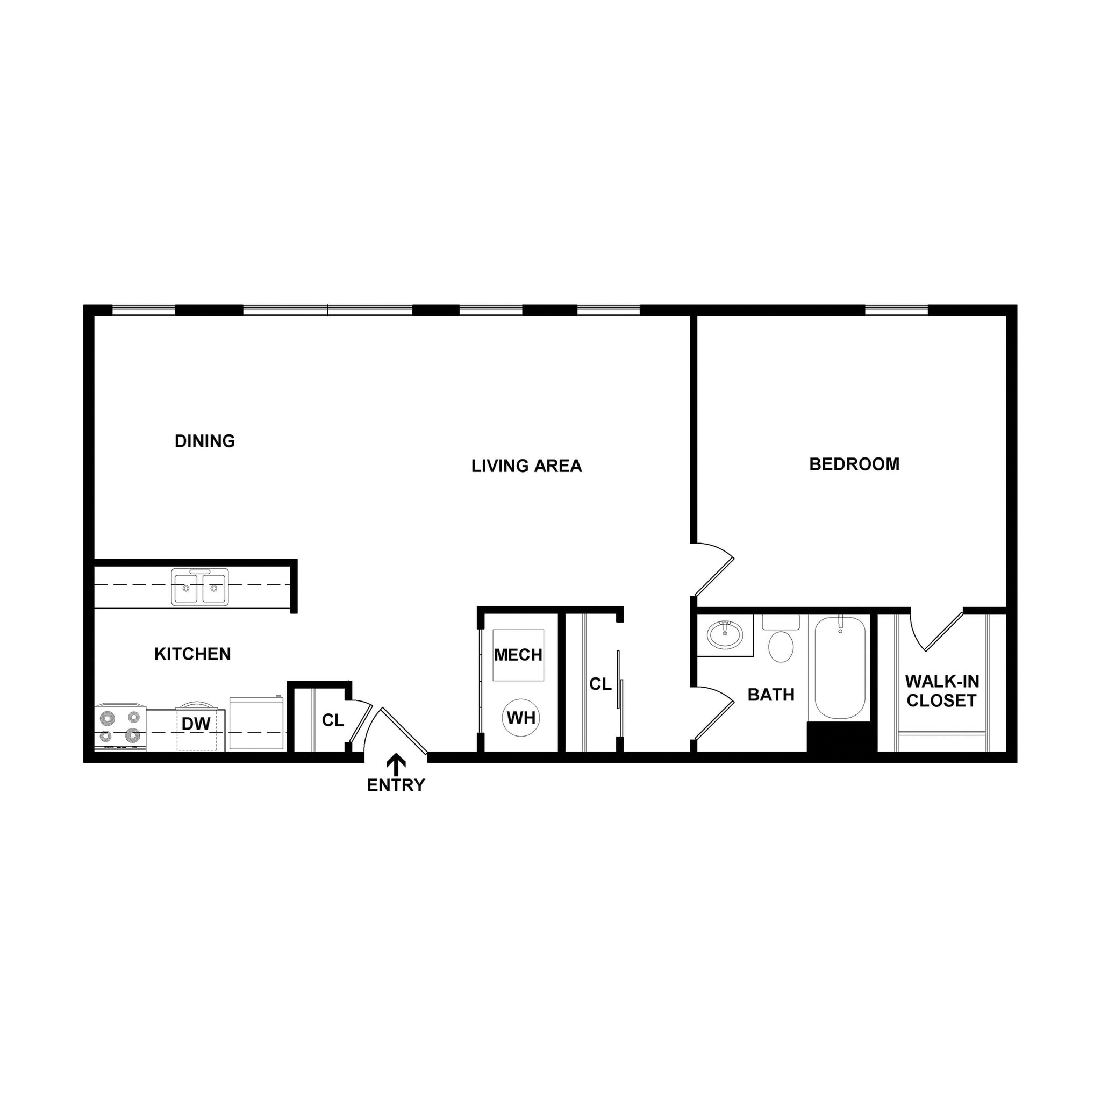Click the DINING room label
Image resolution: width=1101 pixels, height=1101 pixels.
tap(205, 441)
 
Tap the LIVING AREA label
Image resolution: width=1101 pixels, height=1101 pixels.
tap(526, 466)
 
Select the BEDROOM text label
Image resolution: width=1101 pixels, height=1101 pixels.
tap(854, 464)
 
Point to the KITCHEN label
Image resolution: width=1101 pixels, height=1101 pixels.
tap(192, 654)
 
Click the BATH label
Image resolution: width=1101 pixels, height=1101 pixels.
tap(770, 695)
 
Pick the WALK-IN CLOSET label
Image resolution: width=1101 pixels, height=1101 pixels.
tap(941, 691)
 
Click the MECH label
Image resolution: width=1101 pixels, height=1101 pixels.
tap(518, 655)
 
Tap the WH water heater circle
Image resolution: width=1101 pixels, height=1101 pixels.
tap(521, 718)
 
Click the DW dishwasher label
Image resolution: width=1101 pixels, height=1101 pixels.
tap(196, 724)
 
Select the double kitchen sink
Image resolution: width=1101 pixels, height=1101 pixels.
tap(199, 587)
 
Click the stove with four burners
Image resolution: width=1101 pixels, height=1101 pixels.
tap(120, 728)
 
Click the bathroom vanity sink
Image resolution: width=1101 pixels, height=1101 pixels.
tap(725, 634)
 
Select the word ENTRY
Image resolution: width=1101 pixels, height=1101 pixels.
tap(396, 785)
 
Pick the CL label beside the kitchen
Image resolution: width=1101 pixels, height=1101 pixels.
tap(333, 721)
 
